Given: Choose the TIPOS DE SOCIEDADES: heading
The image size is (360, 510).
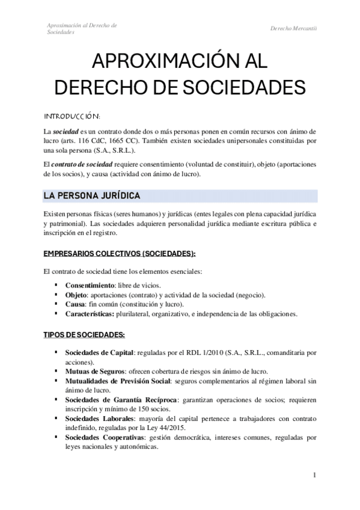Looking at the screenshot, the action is tap(84, 334).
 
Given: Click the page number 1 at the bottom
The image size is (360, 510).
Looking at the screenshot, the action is tap(314, 475).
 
